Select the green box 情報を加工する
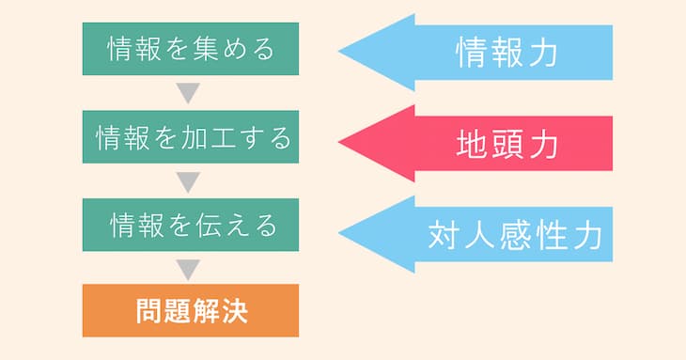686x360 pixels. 191,137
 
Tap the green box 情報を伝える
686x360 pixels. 191,225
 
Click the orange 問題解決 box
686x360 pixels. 191,310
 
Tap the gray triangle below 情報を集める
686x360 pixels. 190,93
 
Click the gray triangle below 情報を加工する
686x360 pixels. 190,181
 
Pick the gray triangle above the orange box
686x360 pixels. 190,269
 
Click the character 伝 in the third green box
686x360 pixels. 205,225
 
